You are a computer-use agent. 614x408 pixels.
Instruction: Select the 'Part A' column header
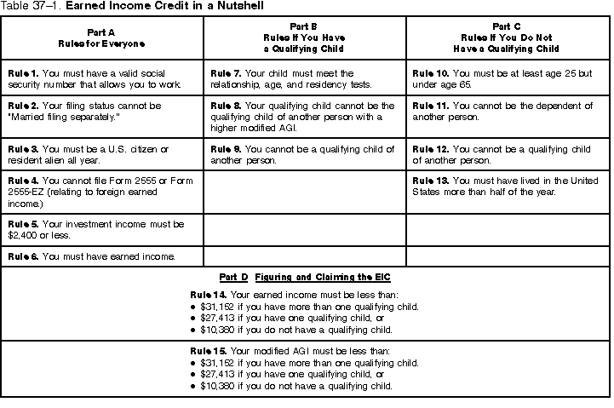[x=102, y=37]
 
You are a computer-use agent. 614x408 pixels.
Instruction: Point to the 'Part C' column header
[x=509, y=37]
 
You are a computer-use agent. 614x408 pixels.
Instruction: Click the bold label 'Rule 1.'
[x=22, y=74]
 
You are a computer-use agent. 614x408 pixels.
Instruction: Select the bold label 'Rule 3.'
[x=22, y=149]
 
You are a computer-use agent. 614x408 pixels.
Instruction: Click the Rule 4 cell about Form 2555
[x=102, y=193]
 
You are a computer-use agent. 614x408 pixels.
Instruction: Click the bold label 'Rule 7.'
[x=225, y=74]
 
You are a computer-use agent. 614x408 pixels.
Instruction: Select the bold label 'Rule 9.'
[x=225, y=149]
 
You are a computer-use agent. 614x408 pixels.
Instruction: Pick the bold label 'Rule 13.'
[x=429, y=181]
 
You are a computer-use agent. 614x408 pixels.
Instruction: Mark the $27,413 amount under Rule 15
[x=219, y=373]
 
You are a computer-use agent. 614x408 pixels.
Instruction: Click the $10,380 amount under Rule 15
[x=219, y=384]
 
